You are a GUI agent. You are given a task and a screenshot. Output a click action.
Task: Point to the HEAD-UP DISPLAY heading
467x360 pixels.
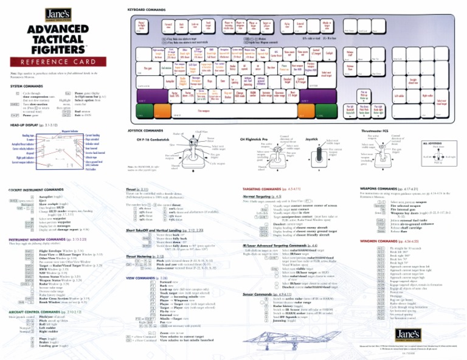coord(30,125)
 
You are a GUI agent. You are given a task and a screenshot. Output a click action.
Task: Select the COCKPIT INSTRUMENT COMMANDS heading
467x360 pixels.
coord(36,190)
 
